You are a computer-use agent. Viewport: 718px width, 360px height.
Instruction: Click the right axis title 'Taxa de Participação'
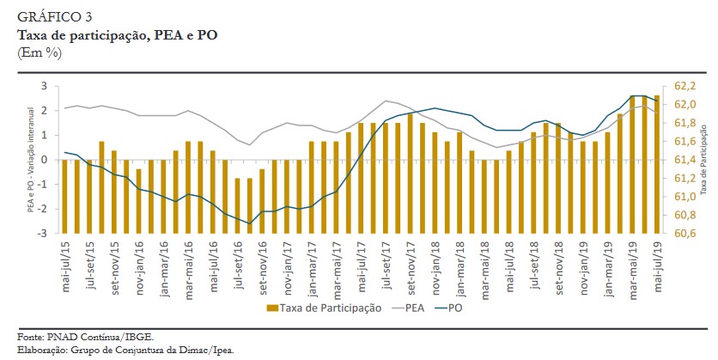coord(704,160)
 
